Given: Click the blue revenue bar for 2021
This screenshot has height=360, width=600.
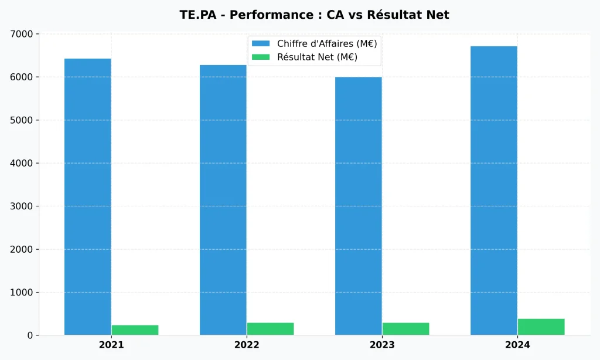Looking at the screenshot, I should [x=88, y=196].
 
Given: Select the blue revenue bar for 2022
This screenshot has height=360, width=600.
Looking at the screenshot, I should [x=223, y=199].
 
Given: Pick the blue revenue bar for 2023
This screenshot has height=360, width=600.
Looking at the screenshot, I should [x=359, y=206].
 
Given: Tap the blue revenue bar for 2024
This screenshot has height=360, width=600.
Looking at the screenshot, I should [x=494, y=191].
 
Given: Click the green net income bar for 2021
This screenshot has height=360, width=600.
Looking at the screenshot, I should [x=135, y=330].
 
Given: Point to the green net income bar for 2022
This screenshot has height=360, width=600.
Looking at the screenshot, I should [x=270, y=329].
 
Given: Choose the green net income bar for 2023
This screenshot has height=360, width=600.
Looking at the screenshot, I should [x=405, y=329].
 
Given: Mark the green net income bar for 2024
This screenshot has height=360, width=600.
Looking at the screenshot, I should [x=541, y=327].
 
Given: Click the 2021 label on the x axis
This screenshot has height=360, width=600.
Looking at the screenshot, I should [x=111, y=345].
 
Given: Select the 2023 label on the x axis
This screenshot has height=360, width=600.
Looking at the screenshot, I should [x=382, y=345].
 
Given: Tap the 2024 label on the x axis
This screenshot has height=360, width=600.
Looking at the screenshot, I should [x=517, y=345].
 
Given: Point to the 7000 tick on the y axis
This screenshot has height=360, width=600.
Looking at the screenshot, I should [x=22, y=34].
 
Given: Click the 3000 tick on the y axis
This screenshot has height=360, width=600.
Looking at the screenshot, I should [x=22, y=206].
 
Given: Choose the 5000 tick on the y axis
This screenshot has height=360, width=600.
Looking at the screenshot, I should [x=22, y=120].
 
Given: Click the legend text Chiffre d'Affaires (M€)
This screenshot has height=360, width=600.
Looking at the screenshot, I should [x=326, y=43].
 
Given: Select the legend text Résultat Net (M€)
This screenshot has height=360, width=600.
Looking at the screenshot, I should [x=317, y=57].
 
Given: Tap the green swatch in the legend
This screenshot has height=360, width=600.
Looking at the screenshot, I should [x=261, y=57].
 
